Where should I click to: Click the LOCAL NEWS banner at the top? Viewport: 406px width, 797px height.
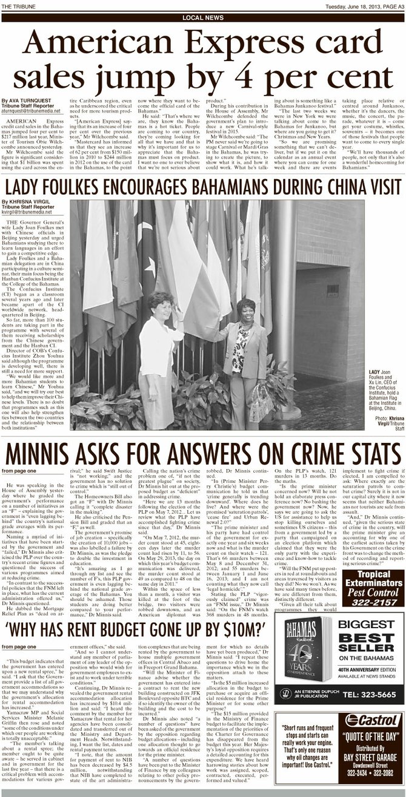(202, 18)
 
